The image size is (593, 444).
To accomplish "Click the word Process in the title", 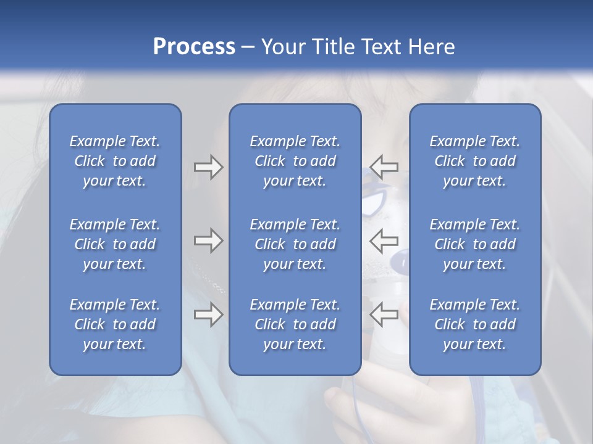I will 194,47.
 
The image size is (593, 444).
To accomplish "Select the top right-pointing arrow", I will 208,166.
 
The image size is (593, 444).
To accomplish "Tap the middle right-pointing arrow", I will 208,240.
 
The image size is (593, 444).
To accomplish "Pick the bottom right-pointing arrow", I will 208,314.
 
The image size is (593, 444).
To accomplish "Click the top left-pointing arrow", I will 384,166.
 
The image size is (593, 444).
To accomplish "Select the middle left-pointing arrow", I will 384,240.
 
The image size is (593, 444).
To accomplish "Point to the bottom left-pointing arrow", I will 384,314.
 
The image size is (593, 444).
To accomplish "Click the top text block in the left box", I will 115,161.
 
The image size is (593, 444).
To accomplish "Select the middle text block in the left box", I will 115,244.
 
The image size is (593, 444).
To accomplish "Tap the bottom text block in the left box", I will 115,324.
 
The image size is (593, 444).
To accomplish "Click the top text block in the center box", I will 295,161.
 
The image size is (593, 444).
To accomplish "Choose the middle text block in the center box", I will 295,244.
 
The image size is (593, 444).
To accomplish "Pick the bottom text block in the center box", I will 295,324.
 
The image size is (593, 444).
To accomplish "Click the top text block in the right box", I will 474,161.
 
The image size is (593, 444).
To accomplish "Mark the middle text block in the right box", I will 474,244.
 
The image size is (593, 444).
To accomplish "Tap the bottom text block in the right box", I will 474,324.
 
